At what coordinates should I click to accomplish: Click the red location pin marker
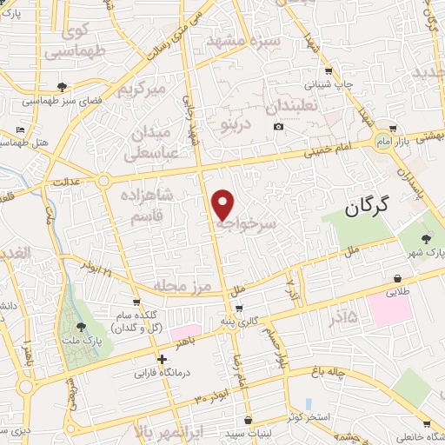[223, 203]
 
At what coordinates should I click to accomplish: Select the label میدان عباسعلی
[155, 144]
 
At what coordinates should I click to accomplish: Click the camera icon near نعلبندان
[278, 127]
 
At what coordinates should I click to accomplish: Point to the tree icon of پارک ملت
[81, 327]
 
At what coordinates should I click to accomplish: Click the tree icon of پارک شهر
[425, 239]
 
